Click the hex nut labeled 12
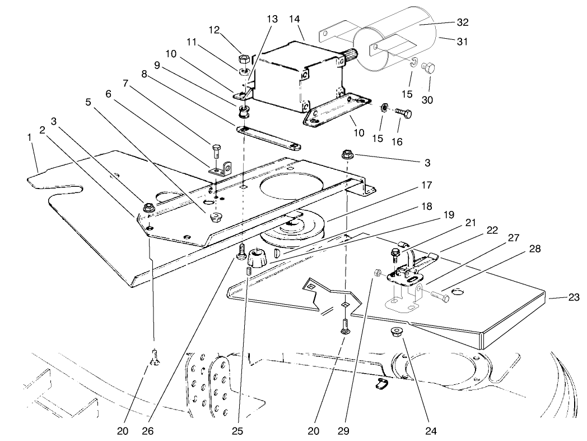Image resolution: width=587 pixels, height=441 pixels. tap(244, 58)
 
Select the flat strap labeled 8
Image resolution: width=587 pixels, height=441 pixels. tap(269, 138)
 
